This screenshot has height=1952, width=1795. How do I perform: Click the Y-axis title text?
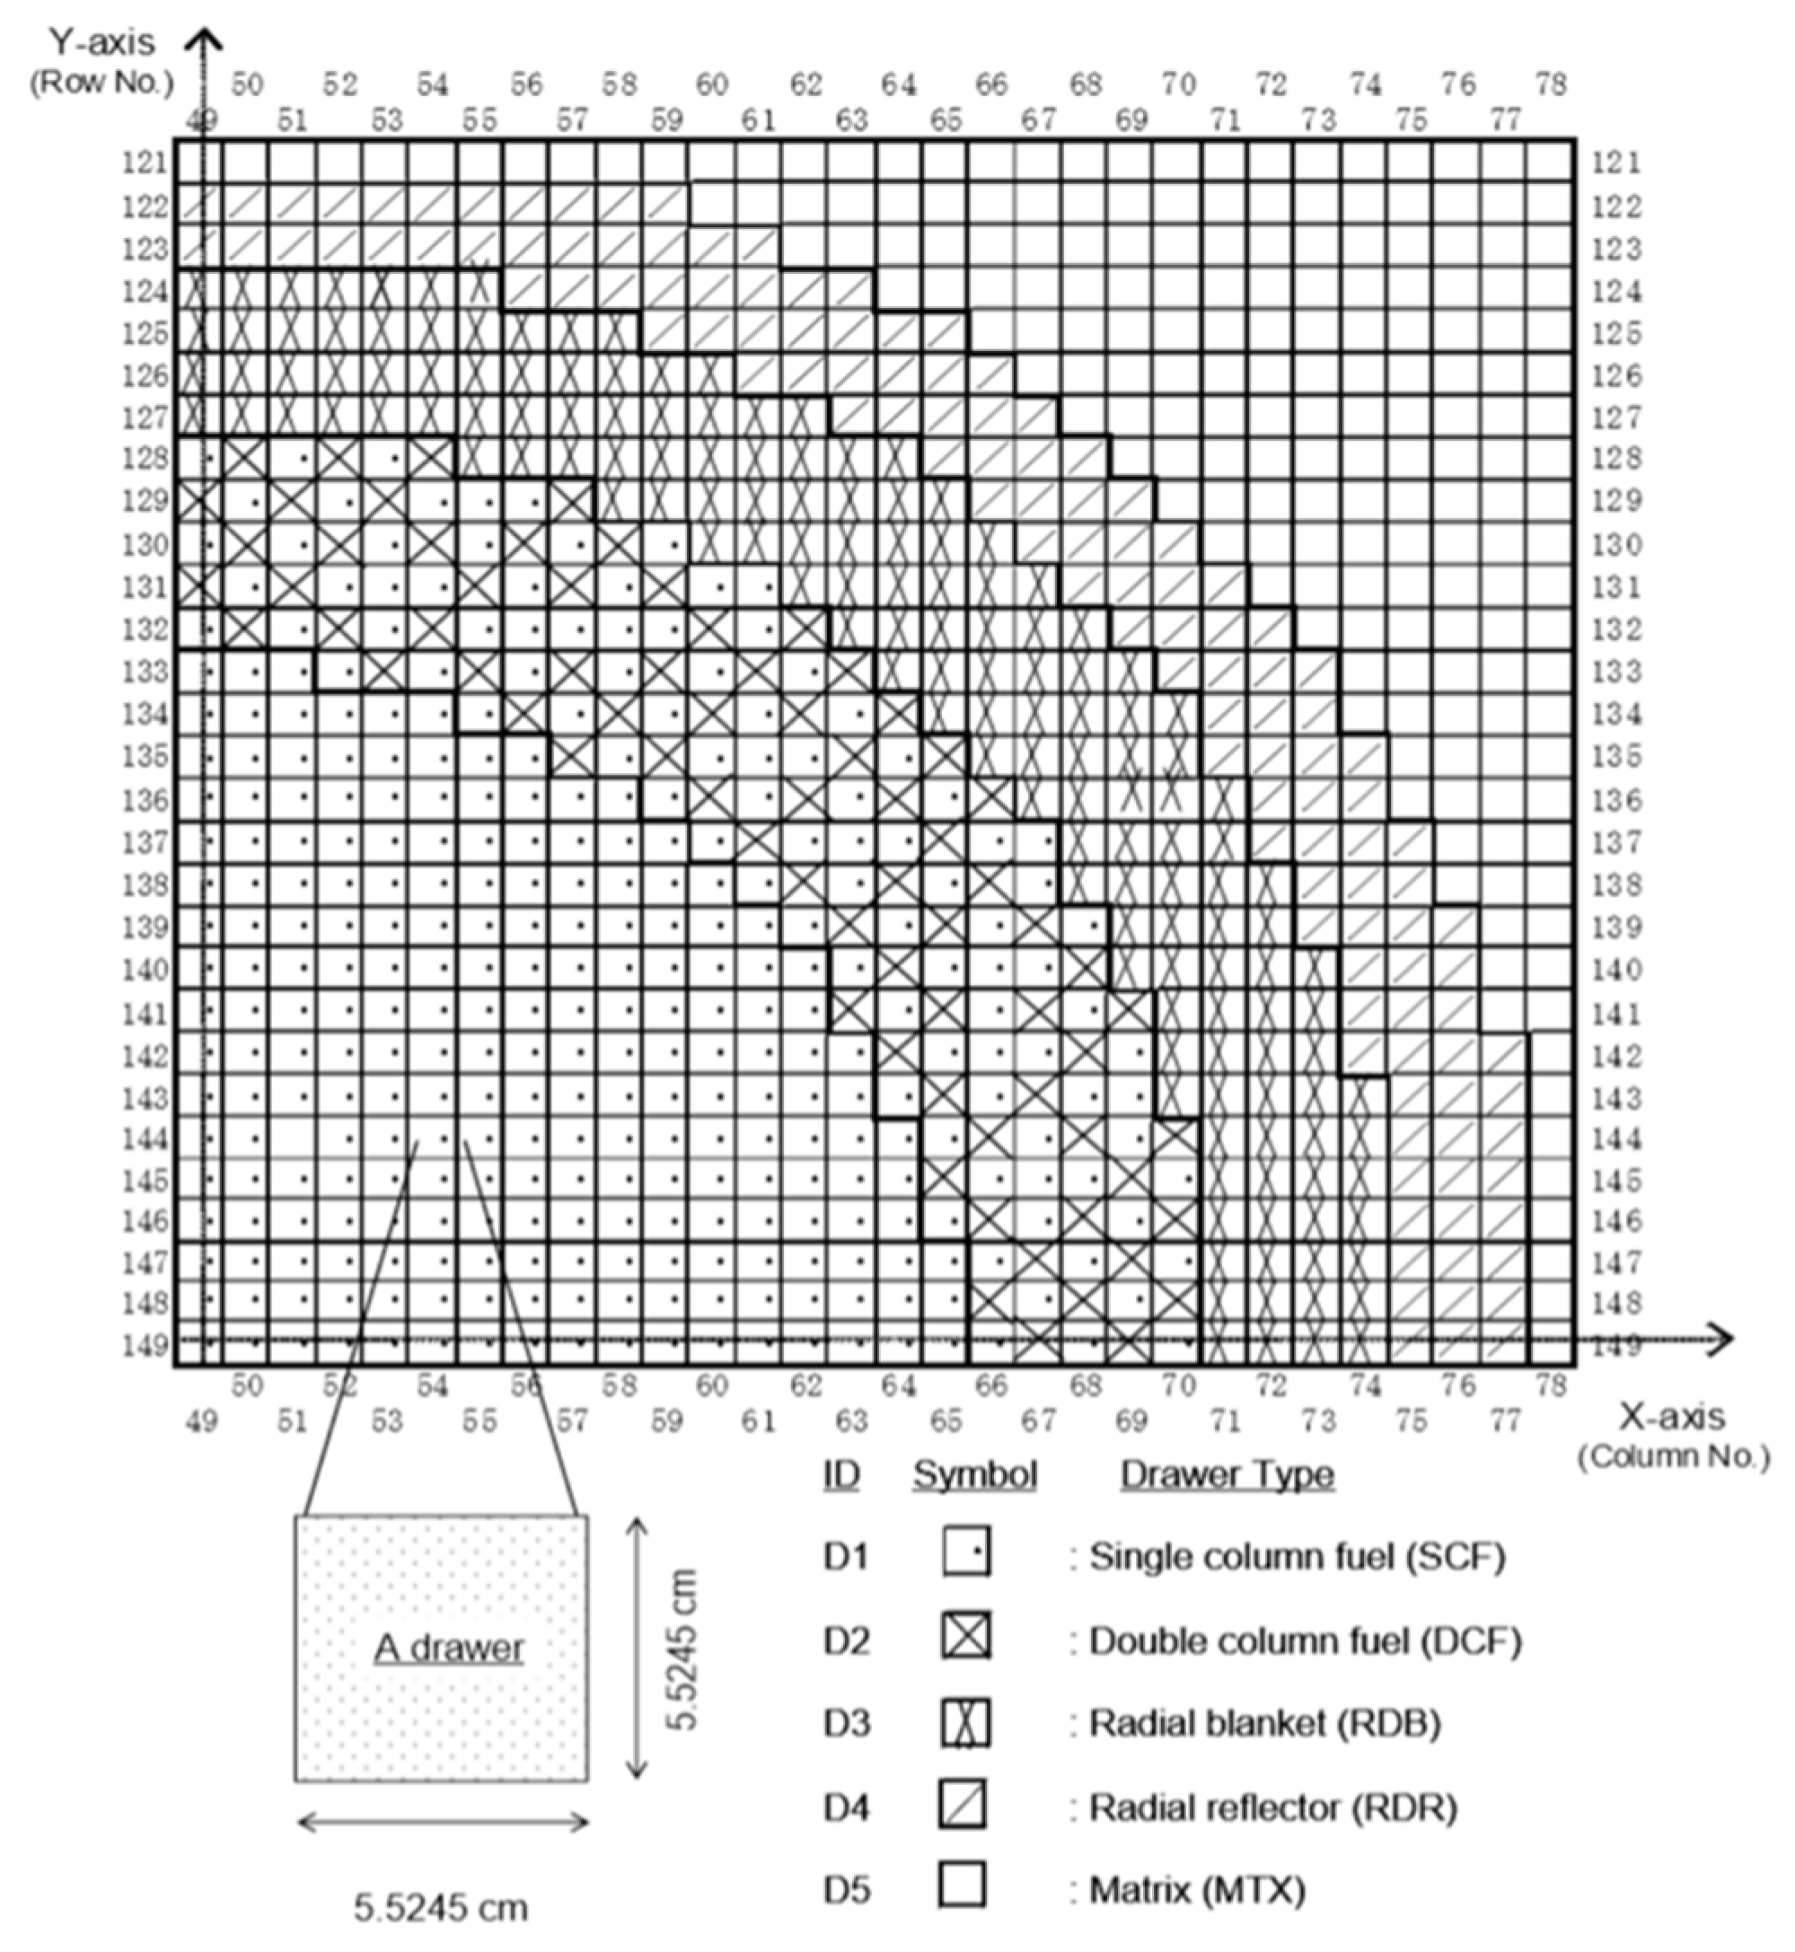[x=102, y=42]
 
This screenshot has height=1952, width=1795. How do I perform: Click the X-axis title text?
[x=1672, y=1417]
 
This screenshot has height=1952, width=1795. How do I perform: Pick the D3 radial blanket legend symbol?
[x=964, y=1721]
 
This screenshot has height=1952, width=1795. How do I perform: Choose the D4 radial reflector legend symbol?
[x=963, y=1805]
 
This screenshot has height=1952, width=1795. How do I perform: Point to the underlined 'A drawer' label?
[x=449, y=1647]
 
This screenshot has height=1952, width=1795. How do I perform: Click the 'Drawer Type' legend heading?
[x=1227, y=1474]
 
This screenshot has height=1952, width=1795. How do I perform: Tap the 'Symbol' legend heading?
[x=974, y=1474]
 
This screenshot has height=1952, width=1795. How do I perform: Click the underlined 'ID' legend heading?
[x=840, y=1474]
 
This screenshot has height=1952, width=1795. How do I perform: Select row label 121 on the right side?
[x=1615, y=163]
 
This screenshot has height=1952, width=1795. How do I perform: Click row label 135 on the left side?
[x=145, y=755]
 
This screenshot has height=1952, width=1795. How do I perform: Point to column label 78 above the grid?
[x=1550, y=85]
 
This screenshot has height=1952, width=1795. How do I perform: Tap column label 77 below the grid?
[x=1505, y=1421]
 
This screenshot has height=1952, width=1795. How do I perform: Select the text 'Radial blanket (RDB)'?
[x=1264, y=1722]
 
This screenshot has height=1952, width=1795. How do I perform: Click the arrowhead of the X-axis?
[x=1721, y=1340]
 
